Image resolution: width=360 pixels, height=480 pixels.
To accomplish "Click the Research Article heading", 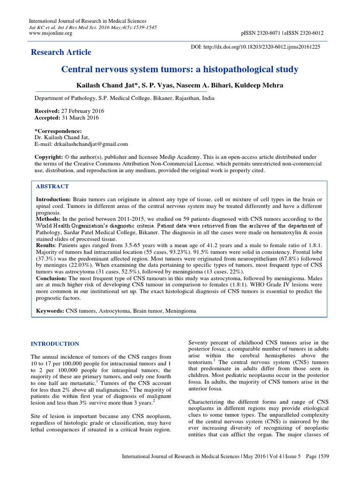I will pyautogui.click(x=61, y=52).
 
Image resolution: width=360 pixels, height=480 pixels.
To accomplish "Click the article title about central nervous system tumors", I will pyautogui.click(x=180, y=70).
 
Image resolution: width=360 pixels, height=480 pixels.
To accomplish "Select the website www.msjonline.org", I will pyautogui.click(x=51, y=33).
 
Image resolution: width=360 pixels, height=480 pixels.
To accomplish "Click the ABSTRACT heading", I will pyautogui.click(x=52, y=186).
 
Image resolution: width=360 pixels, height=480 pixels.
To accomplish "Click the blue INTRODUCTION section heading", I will pyautogui.click(x=55, y=344).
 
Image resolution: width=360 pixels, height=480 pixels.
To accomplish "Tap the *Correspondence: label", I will pyautogui.click(x=58, y=131).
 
